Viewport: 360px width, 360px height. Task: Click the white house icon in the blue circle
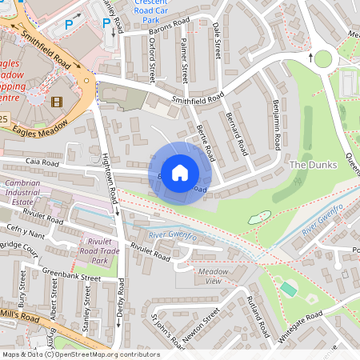pos(180,172)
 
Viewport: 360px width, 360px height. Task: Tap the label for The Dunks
pos(314,165)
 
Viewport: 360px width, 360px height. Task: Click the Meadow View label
pos(213,277)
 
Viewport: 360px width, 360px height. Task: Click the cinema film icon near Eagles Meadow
pos(56,101)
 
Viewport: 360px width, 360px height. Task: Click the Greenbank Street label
pos(71,274)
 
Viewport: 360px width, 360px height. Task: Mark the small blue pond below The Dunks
pos(258,217)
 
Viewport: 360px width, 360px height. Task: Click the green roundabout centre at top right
pos(323,58)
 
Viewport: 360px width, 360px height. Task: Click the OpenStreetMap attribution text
pos(80,354)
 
